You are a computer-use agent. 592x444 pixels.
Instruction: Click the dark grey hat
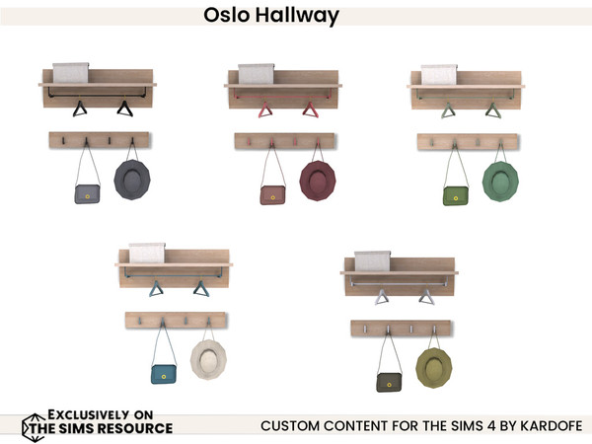pos(131,179)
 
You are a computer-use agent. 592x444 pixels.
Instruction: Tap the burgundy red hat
pos(318,181)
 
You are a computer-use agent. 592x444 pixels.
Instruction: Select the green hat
pos(501,181)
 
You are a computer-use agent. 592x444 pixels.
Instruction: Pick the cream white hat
pos(208,360)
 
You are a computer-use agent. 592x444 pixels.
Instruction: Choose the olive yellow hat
pos(434,366)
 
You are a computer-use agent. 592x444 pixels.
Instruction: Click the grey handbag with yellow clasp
pos(87,193)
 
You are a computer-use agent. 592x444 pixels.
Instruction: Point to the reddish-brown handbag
pos(272,194)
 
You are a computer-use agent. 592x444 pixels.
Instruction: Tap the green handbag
pos(456,194)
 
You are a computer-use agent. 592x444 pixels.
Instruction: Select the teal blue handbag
pos(163,374)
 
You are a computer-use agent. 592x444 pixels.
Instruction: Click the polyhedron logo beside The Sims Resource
pos(33,424)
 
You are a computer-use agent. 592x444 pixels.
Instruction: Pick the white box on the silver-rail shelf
pos(373,260)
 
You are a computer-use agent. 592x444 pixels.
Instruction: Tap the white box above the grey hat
pos(71,73)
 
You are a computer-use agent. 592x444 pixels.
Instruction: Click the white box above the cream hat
pos(146,253)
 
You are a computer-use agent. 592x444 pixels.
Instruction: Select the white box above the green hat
pos(439,75)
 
